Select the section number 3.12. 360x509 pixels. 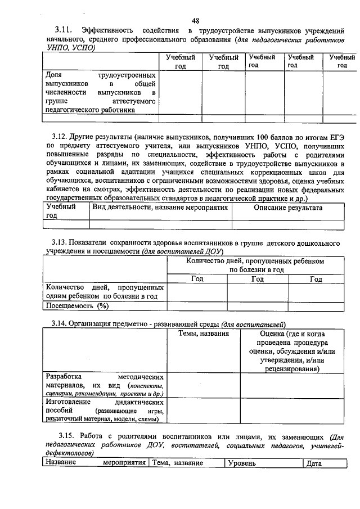(x=58, y=137)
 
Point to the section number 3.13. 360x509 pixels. (x=58, y=242)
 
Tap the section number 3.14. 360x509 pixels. (x=58, y=324)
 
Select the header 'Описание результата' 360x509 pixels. (x=288, y=208)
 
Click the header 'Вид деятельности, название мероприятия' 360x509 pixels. (x=160, y=208)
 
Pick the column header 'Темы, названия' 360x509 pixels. (x=204, y=334)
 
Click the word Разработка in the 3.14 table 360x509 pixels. (x=64, y=376)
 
